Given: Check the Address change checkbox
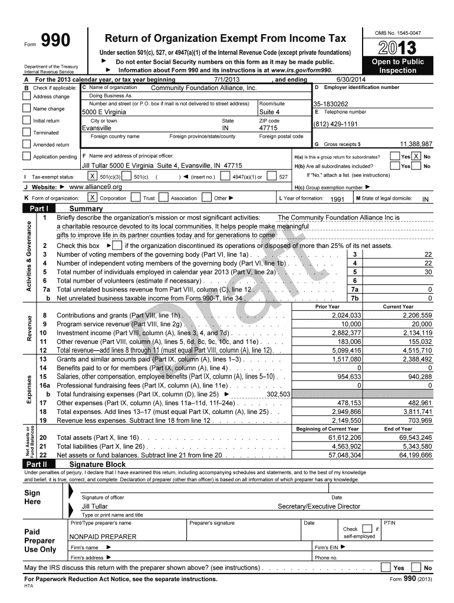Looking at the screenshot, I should click(27, 97).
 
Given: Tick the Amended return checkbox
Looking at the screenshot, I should click(27, 144).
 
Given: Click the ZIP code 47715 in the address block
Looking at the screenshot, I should click(268, 128).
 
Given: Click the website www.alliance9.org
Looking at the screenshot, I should click(96, 187).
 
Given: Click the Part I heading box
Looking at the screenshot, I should click(39, 208).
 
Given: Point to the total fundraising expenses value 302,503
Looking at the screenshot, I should click(278, 394).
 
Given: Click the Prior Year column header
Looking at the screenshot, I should click(327, 307).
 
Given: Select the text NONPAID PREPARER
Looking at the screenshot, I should click(103, 536).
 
